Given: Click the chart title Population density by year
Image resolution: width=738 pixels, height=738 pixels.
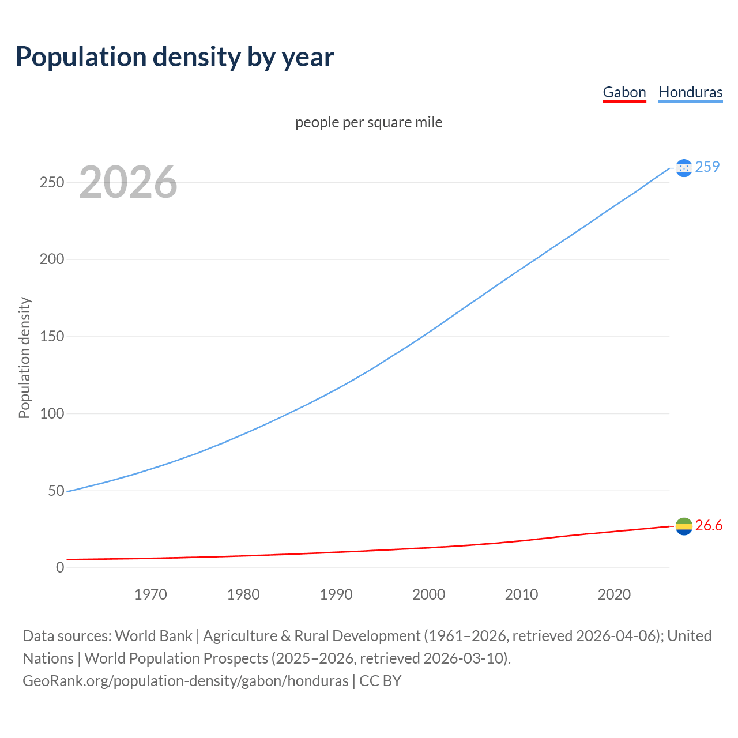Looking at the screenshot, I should [x=175, y=57].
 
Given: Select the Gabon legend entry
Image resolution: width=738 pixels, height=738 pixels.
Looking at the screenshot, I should [x=624, y=92].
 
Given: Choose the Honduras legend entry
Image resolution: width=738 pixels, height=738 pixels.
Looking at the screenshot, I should [x=690, y=92].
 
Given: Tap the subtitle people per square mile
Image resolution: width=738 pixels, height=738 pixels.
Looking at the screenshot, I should [x=369, y=122].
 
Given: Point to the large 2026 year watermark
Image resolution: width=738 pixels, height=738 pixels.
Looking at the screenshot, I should [x=128, y=183].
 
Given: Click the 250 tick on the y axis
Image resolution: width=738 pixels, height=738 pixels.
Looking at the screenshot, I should [x=51, y=182].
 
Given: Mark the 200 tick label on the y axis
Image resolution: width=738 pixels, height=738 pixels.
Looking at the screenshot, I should [x=51, y=259].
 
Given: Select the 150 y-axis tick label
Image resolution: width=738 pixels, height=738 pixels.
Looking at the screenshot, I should [x=51, y=336].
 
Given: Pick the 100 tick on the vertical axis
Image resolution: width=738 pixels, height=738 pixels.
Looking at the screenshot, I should [x=51, y=413].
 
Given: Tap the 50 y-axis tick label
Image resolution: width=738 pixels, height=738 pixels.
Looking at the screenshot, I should [x=56, y=491].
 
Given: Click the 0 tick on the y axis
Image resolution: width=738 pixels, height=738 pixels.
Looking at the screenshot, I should [x=60, y=567].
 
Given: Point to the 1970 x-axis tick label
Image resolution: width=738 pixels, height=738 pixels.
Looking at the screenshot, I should [x=150, y=594].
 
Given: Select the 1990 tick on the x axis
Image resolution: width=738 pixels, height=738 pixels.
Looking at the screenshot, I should [x=336, y=594].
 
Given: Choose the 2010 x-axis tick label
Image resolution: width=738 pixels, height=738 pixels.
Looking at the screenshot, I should [x=521, y=594].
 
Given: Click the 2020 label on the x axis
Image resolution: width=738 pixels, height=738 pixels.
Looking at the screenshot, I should [x=614, y=594].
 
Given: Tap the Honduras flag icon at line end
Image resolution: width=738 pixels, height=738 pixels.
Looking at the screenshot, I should [x=684, y=168].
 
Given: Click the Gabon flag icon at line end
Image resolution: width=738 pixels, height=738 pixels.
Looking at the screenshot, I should [x=684, y=526].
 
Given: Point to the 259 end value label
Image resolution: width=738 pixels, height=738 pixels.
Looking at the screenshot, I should [x=707, y=167].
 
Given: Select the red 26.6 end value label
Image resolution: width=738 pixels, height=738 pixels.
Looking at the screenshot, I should [x=709, y=525].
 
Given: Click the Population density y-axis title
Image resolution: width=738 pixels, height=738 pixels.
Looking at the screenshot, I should [x=24, y=357].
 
